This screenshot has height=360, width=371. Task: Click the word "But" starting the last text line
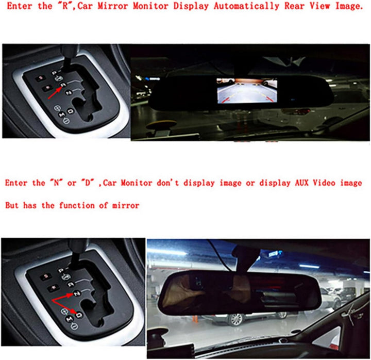(x=12, y=205)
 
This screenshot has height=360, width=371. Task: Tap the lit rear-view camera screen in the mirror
(x=247, y=92)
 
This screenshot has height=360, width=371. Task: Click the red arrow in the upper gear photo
(x=54, y=90)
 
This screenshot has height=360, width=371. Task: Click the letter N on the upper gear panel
(x=68, y=92)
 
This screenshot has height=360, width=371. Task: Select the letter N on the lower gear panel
(x=76, y=292)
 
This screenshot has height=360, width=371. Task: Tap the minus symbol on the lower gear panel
(x=75, y=329)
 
